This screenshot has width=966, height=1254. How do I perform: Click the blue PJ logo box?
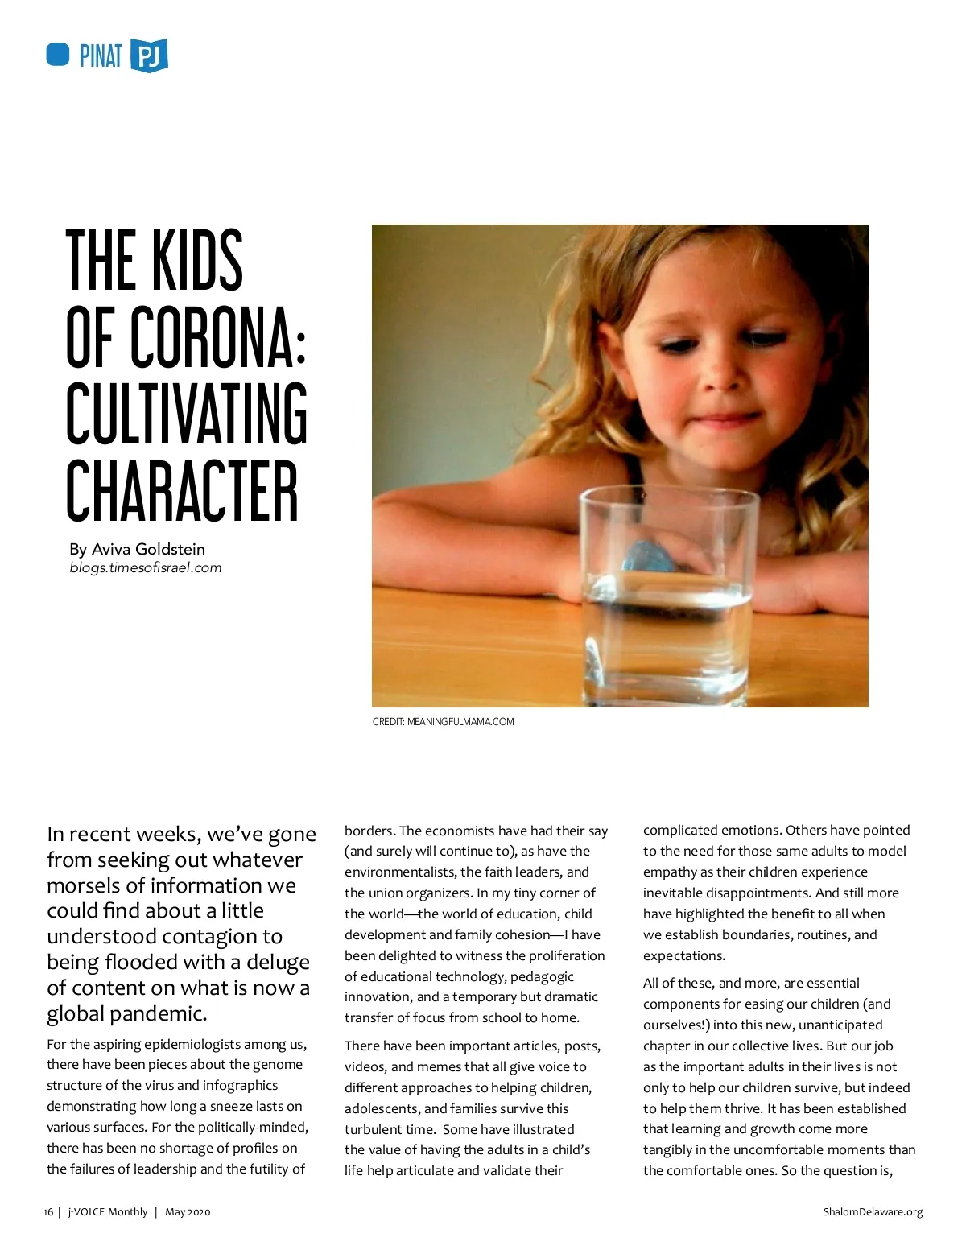pos(149,56)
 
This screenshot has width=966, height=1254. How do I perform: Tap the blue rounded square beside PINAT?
pos(58,55)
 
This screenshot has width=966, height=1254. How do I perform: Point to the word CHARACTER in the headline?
pos(182,490)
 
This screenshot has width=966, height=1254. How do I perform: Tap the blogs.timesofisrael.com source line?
pos(145,567)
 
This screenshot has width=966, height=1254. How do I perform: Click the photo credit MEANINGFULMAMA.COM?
pos(460,722)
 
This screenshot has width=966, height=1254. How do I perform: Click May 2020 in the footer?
pos(188,1211)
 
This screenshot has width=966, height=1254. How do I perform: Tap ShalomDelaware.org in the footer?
pos(873,1211)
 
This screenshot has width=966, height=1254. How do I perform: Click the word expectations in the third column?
pos(683,955)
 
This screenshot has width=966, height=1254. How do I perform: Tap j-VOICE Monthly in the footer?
pos(108,1211)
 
